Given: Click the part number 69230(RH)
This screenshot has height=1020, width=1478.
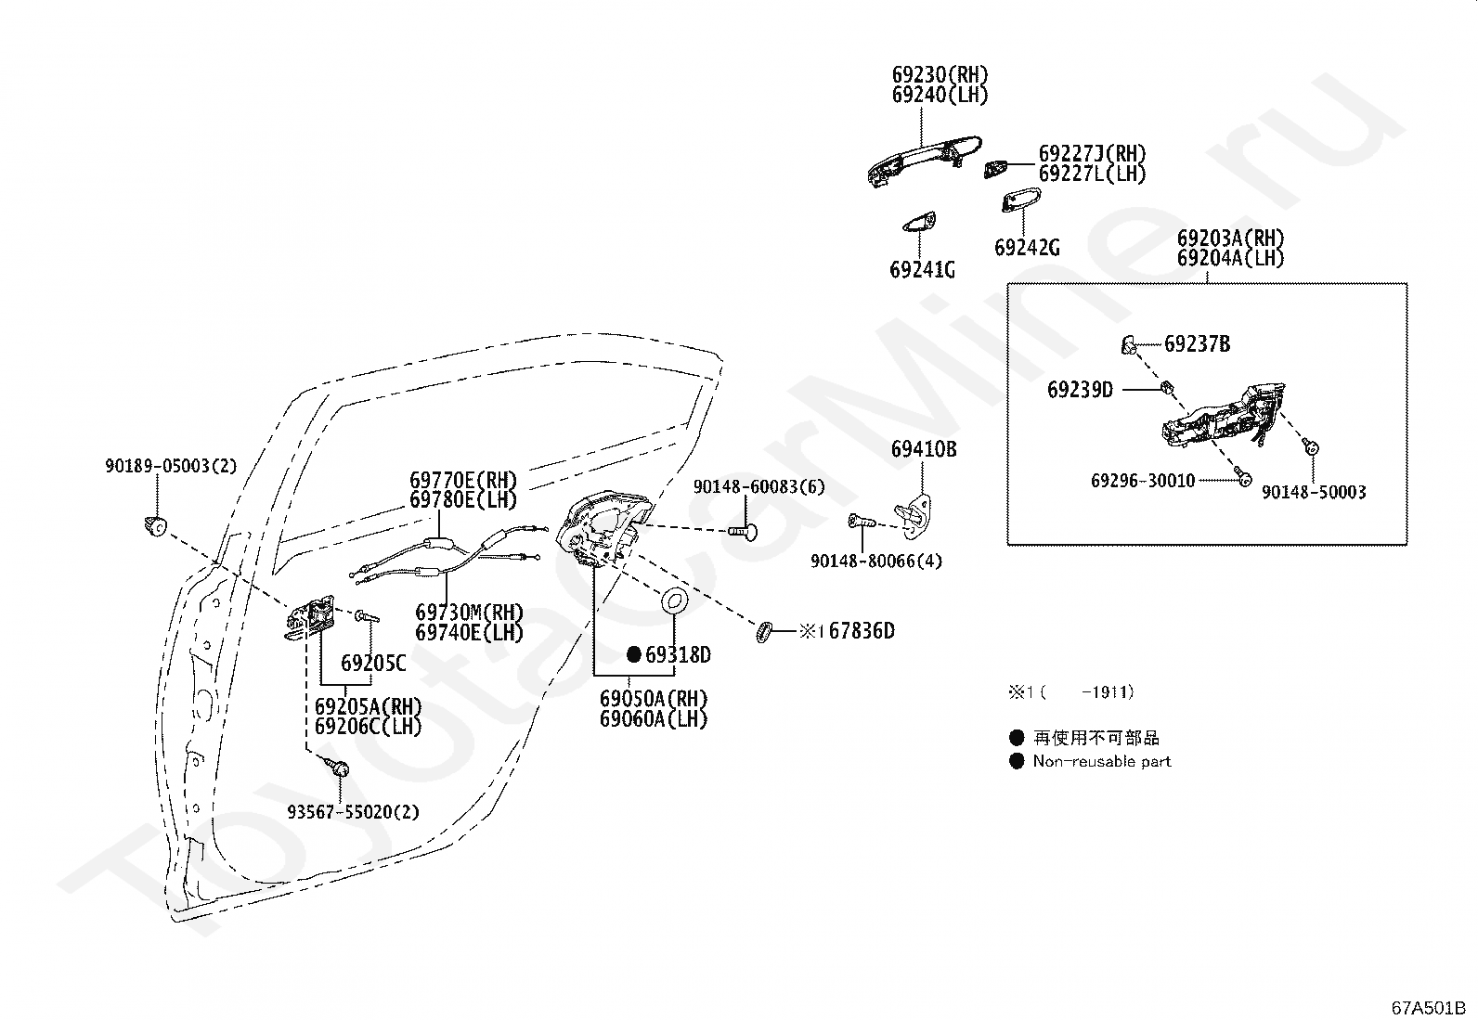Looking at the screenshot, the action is (940, 74).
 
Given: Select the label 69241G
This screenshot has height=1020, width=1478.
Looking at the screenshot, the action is (922, 270).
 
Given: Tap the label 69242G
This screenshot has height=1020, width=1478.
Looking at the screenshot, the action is (1027, 248).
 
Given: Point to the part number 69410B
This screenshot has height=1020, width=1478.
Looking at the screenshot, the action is (923, 449).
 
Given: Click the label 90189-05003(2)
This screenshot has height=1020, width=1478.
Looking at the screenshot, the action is (171, 466).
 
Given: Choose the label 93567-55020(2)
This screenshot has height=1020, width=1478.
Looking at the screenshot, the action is (353, 811).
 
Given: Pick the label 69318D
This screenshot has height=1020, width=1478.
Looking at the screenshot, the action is (678, 655).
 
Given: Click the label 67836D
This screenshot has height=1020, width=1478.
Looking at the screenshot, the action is (862, 631).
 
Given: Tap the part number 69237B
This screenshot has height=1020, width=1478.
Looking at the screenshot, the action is (1197, 343).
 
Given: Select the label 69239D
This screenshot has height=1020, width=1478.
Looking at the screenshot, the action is (1080, 390).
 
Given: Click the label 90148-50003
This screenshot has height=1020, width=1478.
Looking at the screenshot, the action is (1314, 492).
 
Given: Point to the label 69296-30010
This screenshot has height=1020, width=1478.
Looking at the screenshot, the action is (1143, 481).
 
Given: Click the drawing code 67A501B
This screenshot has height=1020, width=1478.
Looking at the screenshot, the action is (1429, 1008).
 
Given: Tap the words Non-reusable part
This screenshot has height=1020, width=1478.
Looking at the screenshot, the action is (1102, 761).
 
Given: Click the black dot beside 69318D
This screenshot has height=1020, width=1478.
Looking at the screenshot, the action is (634, 654).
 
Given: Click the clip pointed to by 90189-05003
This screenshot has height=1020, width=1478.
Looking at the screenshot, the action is (155, 526).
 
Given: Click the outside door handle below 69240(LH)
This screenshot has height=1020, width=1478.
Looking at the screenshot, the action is (924, 161).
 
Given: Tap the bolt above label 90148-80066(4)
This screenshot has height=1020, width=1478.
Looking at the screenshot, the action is (862, 522).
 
